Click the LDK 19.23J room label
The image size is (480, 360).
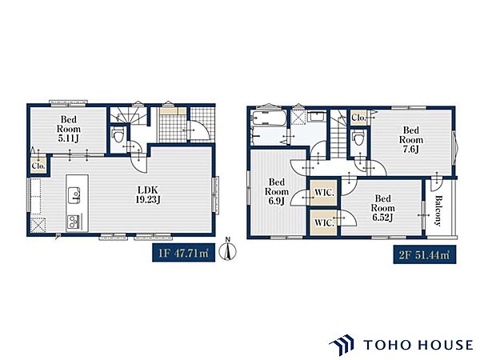(x=148, y=194)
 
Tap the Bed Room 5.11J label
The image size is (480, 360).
(x=69, y=129)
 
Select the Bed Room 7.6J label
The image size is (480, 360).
(x=411, y=139)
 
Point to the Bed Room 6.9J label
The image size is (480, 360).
(x=277, y=192)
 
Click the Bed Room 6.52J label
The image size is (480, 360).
(x=382, y=208)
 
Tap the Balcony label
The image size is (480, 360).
(x=438, y=210)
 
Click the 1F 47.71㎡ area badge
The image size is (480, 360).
(x=184, y=253)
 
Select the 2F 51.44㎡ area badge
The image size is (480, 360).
(x=425, y=254)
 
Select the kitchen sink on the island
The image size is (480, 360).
(x=74, y=195)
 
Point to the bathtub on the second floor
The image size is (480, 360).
(x=269, y=118)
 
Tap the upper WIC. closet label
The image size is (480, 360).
(x=324, y=193)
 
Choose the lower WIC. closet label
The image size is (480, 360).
(x=324, y=223)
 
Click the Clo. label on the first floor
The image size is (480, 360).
(x=38, y=166)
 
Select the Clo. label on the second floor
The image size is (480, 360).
(x=358, y=118)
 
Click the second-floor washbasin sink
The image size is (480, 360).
(x=316, y=117)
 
